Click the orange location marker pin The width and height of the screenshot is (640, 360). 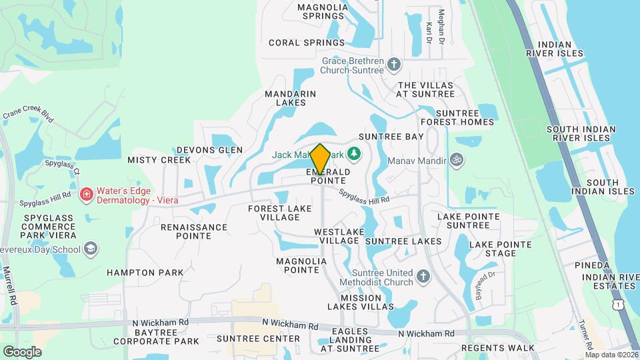320,159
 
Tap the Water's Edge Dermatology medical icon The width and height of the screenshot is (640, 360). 86,195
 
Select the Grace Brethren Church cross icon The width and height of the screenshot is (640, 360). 394,64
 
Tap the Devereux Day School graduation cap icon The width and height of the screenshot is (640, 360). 90,249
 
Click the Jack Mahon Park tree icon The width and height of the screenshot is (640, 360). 355,155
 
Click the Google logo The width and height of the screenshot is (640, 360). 22,351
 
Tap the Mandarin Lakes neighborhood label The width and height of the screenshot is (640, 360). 290,99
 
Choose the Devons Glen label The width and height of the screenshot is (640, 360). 209,150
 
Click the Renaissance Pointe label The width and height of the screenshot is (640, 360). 194,232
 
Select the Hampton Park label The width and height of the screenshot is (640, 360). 145,273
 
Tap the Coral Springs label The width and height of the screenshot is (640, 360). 307,43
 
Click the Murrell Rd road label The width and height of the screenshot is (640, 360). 7,287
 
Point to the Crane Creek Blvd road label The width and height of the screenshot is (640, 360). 27,115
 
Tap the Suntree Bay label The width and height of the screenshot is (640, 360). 391,137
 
